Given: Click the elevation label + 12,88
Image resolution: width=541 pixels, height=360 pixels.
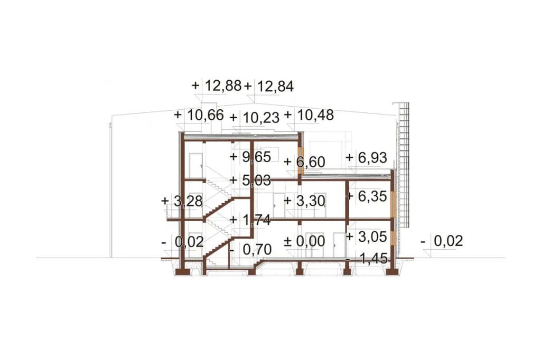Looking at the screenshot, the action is click(217, 86).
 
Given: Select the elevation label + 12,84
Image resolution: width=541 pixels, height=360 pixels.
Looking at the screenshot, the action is click(269, 86).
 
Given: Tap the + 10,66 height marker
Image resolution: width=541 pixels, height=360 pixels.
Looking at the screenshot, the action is click(199, 115).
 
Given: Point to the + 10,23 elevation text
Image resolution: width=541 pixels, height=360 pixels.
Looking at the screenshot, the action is click(254, 118).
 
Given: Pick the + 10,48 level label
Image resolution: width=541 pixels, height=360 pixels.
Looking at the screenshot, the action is click(309, 115).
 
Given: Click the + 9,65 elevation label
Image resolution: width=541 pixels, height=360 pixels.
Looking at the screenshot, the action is click(250, 157).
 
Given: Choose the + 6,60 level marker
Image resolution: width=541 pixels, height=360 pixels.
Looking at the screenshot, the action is click(304, 162).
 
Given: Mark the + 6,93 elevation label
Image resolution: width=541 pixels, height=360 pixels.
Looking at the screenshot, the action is click(367, 158).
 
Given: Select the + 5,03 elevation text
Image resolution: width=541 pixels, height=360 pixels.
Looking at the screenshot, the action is click(250, 181).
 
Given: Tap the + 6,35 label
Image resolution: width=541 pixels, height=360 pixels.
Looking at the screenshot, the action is click(367, 196).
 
